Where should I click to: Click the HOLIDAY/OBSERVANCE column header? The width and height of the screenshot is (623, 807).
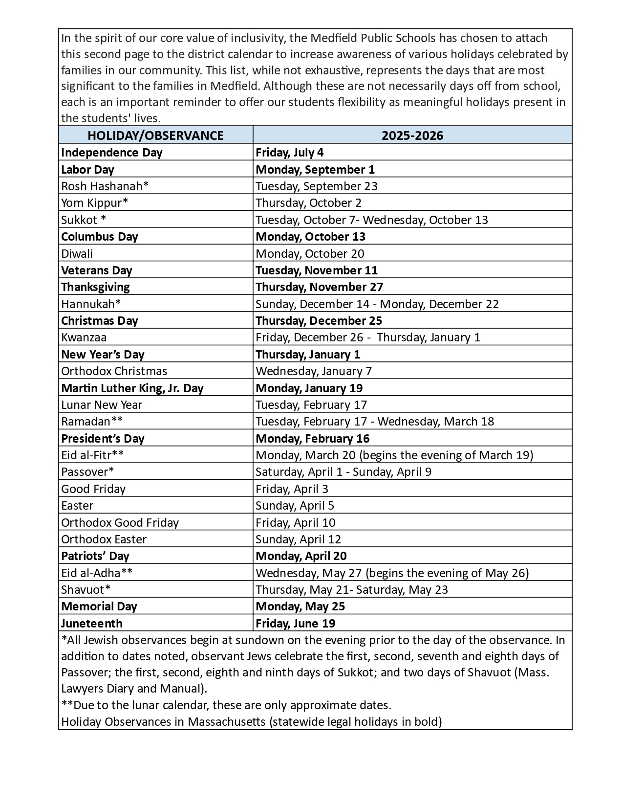[155, 135]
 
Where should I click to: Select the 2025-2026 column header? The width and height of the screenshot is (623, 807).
[412, 135]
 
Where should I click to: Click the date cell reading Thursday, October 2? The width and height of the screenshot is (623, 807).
[308, 203]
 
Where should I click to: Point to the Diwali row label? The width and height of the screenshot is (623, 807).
[77, 254]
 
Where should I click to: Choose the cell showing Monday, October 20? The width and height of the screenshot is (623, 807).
[310, 254]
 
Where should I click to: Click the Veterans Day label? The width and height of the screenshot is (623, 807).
[97, 270]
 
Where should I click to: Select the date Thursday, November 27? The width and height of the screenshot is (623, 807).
[319, 287]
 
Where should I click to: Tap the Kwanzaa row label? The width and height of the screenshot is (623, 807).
[84, 337]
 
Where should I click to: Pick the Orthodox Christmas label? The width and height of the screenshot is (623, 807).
[114, 371]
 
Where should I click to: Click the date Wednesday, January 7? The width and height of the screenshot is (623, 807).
[314, 371]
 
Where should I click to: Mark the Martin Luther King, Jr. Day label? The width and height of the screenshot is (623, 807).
[132, 388]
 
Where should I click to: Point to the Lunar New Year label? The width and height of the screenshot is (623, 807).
[102, 405]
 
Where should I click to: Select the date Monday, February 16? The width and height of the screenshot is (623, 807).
[312, 439]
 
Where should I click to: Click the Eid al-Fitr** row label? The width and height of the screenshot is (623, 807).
[92, 455]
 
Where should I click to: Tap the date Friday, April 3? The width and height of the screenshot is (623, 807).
[292, 489]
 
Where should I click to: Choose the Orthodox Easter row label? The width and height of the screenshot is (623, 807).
[104, 539]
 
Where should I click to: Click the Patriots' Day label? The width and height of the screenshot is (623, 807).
[95, 556]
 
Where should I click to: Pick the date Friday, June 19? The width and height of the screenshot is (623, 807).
[295, 624]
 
